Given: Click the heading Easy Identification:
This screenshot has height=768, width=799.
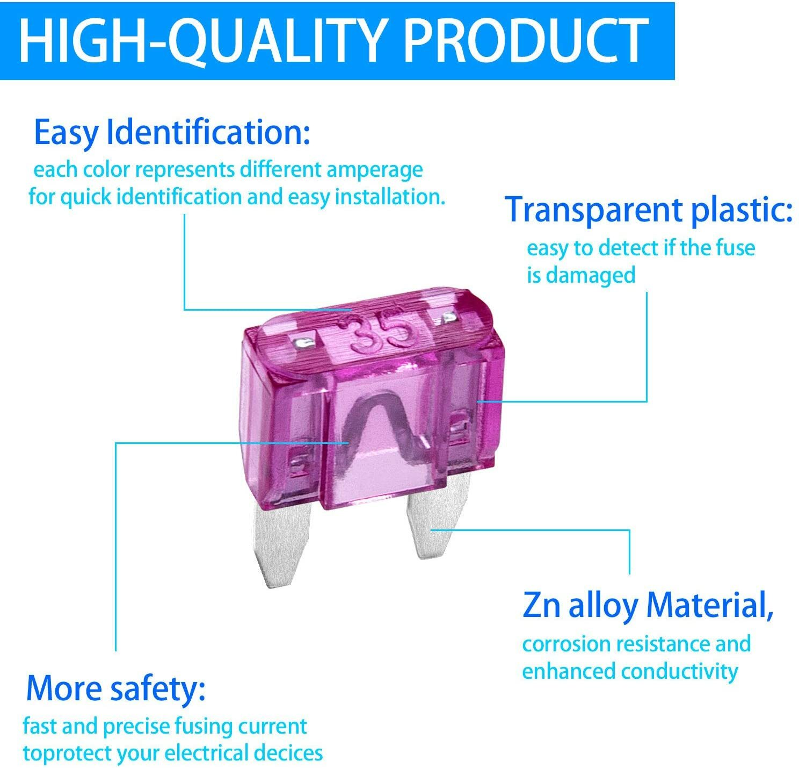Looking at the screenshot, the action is tap(172, 133).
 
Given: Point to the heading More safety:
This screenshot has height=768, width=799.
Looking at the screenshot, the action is tap(116, 688).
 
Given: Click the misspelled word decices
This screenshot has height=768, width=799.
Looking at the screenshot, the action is tap(288, 753).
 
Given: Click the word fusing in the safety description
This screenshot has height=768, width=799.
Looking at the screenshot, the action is tap(203, 727).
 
